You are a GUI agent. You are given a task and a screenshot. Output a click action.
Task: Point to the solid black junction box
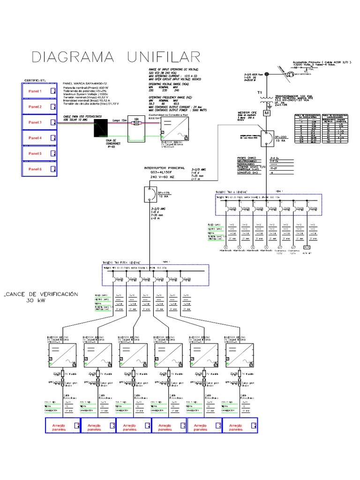click(x=101, y=127)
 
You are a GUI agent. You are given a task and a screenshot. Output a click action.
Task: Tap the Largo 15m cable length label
click(x=120, y=120)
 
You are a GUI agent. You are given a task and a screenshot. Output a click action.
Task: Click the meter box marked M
click(x=267, y=112)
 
